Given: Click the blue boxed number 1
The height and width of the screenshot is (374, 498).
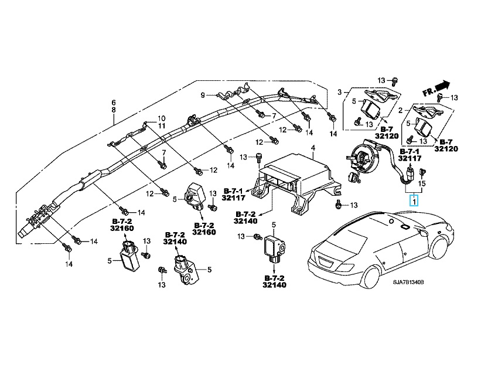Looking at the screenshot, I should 414,202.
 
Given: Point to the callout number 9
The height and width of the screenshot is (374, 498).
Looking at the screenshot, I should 202,95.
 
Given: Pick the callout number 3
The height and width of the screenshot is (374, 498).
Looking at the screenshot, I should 339,91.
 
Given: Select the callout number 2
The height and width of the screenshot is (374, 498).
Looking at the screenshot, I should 400,110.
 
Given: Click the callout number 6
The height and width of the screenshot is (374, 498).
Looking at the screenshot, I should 113,103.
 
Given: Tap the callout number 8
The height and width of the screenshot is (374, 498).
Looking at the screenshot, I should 113,110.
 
